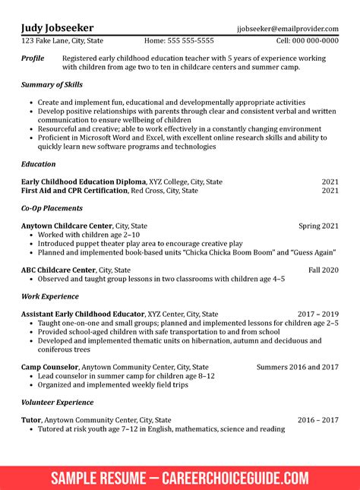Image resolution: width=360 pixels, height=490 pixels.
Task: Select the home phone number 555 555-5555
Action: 190,41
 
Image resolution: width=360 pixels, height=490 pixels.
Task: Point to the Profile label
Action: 33,58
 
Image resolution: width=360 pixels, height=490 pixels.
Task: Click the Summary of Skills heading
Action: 52,84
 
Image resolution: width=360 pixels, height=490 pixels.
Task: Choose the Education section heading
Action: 38,164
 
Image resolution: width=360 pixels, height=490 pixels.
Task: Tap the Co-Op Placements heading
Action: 52,208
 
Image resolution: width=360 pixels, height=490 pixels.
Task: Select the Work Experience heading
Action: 50,296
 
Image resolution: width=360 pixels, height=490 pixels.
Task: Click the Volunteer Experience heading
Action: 57,402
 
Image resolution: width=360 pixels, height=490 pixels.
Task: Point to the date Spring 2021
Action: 318,226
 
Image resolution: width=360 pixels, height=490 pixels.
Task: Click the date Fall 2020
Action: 324,270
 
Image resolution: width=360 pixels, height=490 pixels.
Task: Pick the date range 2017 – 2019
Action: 318,314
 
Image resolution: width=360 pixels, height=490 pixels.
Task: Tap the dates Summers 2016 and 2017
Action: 298,367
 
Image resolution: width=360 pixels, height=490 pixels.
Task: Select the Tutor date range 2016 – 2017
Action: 318,420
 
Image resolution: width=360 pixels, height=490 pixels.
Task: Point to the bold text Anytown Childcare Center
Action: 66,226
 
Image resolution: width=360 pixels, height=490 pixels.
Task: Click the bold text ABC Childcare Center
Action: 58,270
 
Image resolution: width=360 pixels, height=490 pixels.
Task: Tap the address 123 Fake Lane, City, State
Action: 62,41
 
